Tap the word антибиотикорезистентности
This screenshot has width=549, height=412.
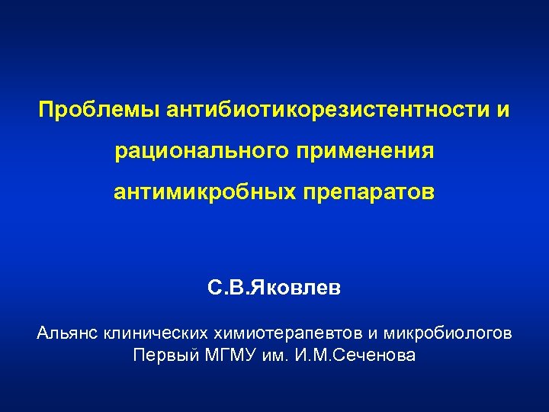(x=319, y=111)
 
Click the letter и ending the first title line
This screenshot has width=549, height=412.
(x=503, y=111)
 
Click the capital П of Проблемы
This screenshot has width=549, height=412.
(x=47, y=111)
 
